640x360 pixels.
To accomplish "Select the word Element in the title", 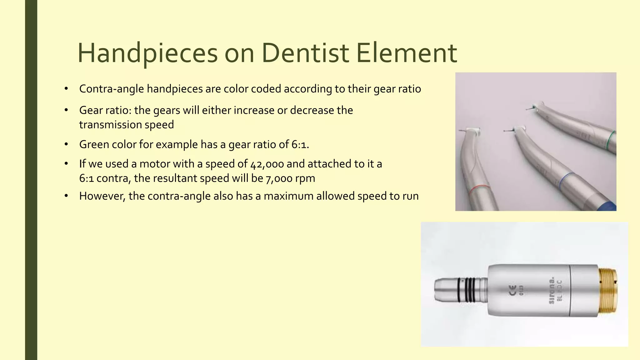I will [407, 53].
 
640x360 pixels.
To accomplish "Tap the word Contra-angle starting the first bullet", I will [112, 89].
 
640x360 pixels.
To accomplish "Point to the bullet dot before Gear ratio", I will [66, 110].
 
